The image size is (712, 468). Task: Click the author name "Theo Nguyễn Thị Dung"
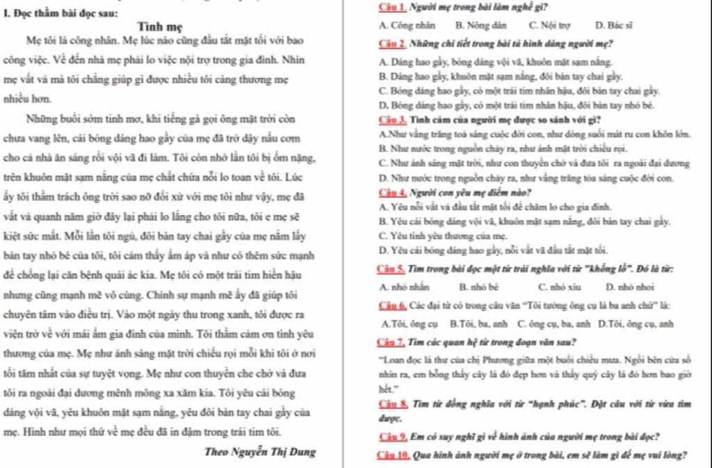[260, 451]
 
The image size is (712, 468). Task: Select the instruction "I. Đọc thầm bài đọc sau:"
[61, 13]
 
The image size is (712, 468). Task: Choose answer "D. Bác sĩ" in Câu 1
[614, 25]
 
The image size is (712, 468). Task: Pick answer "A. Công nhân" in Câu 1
[407, 25]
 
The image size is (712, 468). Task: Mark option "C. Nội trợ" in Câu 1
[554, 25]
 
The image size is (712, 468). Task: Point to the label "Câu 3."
[392, 119]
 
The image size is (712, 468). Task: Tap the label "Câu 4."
[392, 193]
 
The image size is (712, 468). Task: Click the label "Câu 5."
[392, 269]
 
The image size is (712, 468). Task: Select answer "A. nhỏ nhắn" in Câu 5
[405, 287]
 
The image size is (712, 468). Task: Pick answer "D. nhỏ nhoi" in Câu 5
[630, 287]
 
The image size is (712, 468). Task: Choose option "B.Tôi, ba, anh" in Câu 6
[479, 323]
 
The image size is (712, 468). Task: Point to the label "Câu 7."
[392, 342]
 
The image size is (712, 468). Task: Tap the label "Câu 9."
[392, 437]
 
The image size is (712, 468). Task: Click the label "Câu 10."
[394, 455]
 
